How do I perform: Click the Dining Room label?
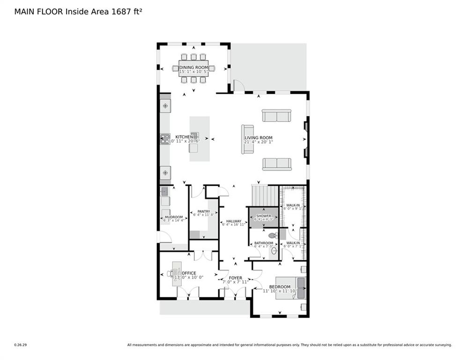click(x=193, y=67)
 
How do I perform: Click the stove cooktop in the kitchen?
click(x=165, y=139)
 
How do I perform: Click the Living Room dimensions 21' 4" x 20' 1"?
click(x=258, y=142)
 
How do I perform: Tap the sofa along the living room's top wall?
click(x=276, y=115)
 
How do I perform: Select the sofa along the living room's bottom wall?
click(x=277, y=164)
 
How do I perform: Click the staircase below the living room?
click(x=265, y=195)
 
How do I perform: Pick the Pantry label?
click(x=203, y=211)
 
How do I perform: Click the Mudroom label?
click(x=173, y=217)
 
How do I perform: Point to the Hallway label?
click(x=233, y=221)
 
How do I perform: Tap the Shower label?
click(x=264, y=216)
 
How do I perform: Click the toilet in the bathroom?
click(x=273, y=235)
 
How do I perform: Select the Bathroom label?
click(x=264, y=243)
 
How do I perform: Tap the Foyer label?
click(x=236, y=278)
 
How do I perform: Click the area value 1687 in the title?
click(x=120, y=11)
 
